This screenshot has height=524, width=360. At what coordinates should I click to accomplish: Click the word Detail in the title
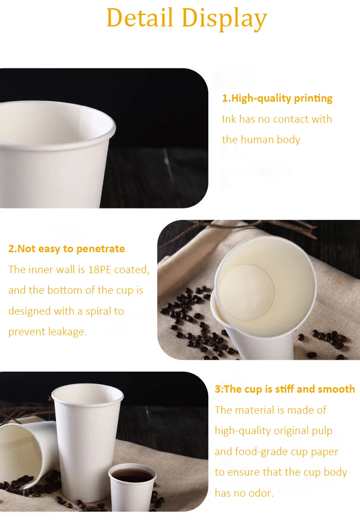point(139,18)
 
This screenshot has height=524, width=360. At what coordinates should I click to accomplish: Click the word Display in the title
point(224,19)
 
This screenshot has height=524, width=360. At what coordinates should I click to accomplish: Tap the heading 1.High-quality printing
point(277,98)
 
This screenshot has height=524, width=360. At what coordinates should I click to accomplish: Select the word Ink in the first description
point(229,119)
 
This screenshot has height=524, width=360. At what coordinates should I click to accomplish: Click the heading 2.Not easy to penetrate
point(67,249)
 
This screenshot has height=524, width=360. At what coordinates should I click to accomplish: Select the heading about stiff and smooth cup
point(285,389)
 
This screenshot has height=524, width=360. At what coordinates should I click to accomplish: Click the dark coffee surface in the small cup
point(132,476)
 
